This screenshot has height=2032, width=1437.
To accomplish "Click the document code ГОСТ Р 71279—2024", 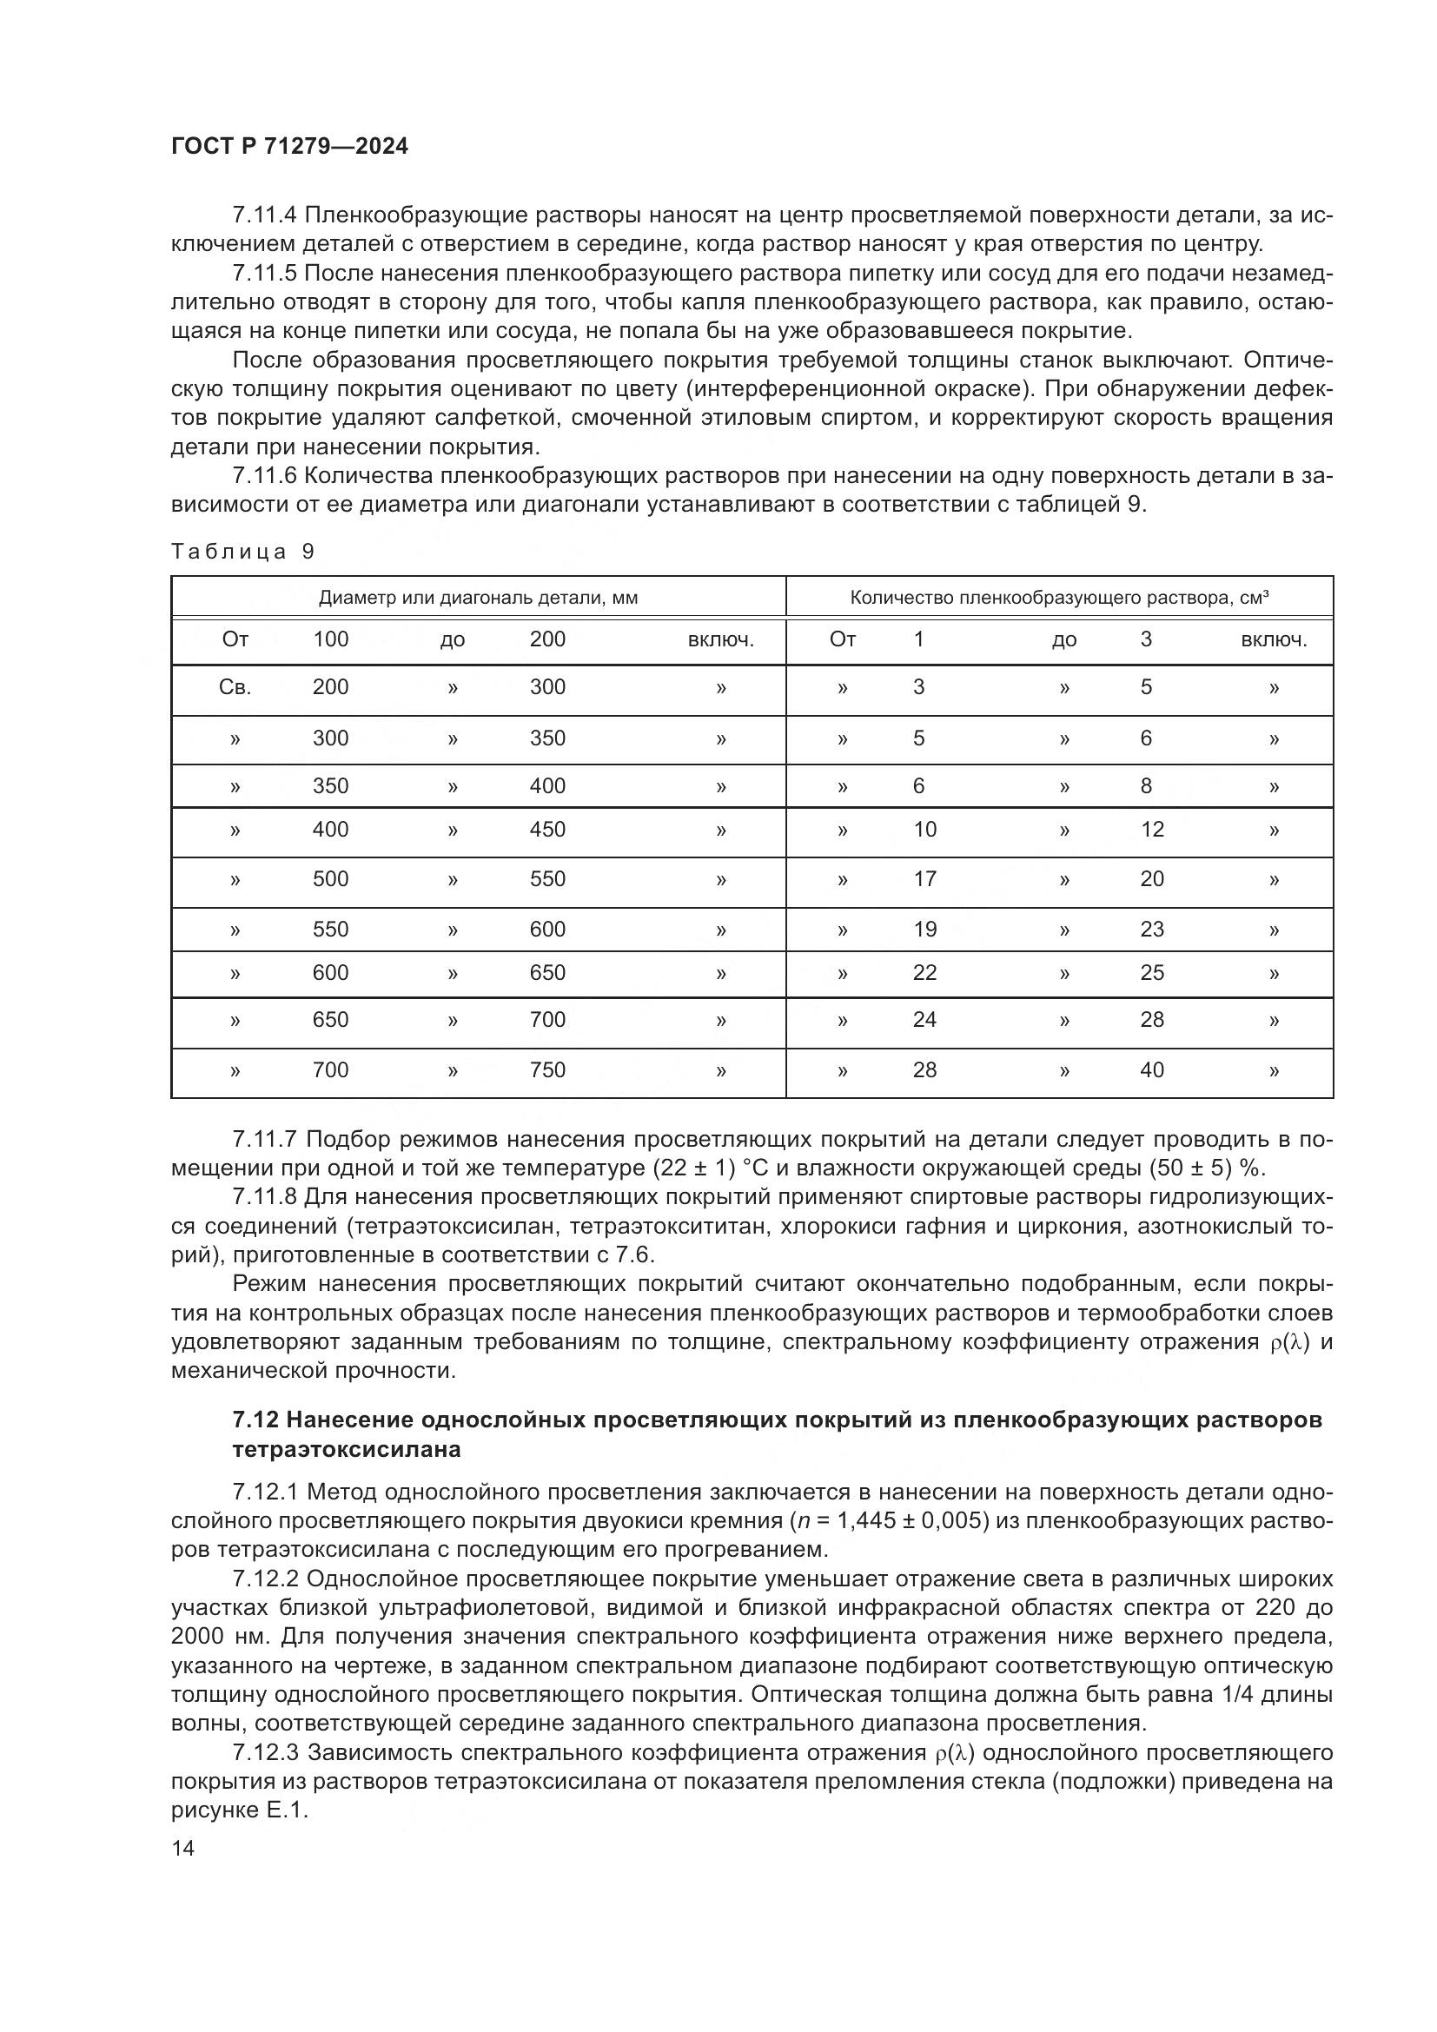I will (x=289, y=147).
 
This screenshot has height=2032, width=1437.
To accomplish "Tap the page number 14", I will (x=183, y=1847).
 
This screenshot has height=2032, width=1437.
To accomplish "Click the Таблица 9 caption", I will (x=242, y=552).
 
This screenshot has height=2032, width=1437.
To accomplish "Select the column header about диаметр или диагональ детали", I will (x=478, y=598).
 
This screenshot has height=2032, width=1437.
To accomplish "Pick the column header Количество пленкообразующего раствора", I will (x=1059, y=598).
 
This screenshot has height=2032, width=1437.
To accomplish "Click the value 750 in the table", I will (x=546, y=1070).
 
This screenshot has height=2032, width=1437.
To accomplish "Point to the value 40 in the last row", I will (x=1151, y=1070).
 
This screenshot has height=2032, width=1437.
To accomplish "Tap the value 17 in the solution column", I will (x=924, y=879).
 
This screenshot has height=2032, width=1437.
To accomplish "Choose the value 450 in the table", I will (x=546, y=830).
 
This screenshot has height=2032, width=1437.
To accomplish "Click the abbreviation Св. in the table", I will (x=235, y=687).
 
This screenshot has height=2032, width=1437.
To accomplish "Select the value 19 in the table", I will (x=924, y=930).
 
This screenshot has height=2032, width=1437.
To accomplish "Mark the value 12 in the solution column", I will (x=1151, y=830).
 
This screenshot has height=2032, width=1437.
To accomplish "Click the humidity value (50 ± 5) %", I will (x=1207, y=1168).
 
